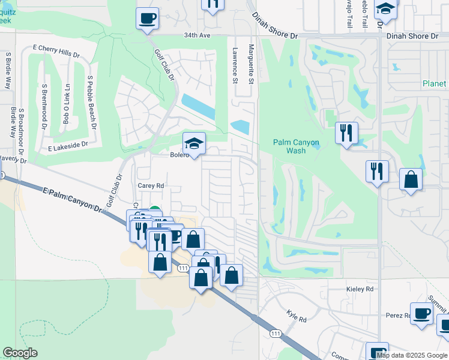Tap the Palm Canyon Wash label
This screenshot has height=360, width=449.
coord(297,146)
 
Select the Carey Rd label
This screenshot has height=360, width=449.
coord(151,186)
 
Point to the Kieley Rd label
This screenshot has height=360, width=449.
coord(360,289)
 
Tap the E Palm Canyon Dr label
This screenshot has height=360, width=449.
coord(73,199)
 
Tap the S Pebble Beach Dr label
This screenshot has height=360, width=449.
coord(92,104)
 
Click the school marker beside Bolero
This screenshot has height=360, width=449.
coord(194,144)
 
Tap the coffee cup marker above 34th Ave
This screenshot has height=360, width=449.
coord(147,18)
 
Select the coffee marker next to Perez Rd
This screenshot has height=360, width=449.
coord(422,313)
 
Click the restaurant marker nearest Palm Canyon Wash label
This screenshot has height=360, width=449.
coord(346,133)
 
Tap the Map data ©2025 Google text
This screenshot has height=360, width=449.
coord(412,355)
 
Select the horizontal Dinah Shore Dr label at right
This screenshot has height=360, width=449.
coord(413,37)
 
